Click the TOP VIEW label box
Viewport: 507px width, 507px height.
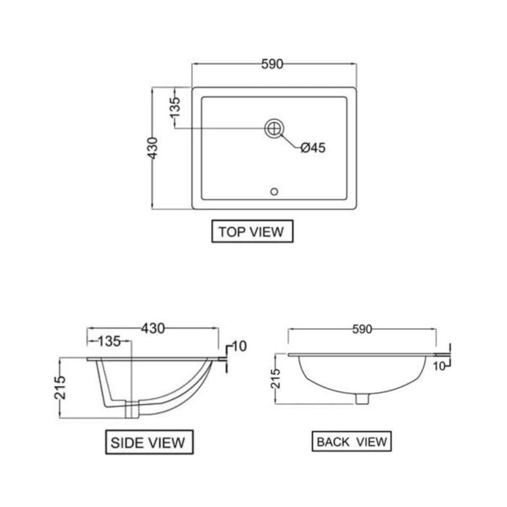coord(252,232)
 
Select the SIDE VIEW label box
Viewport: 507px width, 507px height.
coord(149,442)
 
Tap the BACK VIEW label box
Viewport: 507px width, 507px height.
coord(352,442)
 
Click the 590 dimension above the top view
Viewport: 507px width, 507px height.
coord(272,64)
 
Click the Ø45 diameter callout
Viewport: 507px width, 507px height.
coord(313,148)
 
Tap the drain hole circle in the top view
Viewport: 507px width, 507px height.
coord(274,128)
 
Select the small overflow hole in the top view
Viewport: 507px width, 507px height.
coord(274,192)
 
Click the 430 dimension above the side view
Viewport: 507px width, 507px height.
coord(153,328)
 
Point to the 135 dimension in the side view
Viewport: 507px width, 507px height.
coord(109,341)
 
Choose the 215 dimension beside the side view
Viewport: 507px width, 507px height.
coord(60,387)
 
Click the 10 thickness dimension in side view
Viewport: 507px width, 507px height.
coord(239,346)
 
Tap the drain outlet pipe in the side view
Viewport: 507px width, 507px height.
coord(132,409)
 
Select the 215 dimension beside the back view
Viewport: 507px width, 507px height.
coord(275,379)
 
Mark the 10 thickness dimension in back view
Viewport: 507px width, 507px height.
coord(439,366)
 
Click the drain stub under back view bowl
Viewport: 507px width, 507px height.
coord(362,399)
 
